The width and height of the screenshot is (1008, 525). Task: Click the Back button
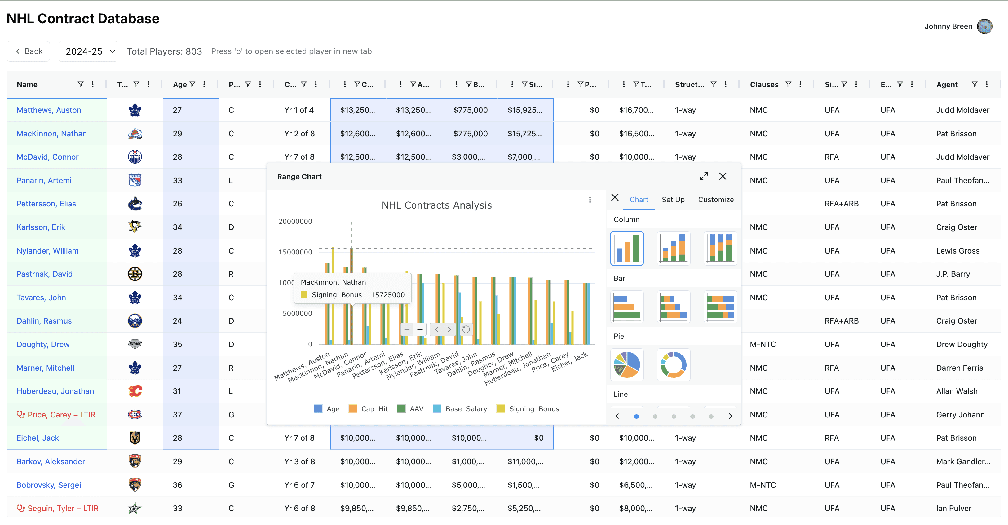coord(28,51)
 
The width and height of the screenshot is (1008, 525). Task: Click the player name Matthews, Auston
coord(49,110)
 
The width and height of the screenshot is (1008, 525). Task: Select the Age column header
coord(179,85)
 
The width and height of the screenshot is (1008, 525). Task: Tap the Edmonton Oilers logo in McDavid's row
coord(135,157)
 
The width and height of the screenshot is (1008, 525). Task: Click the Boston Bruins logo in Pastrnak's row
coord(135,274)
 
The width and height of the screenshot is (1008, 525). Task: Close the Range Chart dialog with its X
coord(723,176)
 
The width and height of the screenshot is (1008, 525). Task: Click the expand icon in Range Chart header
coord(704,176)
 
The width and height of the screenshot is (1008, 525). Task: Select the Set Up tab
coord(673,200)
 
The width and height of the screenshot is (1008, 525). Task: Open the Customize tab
coord(716,200)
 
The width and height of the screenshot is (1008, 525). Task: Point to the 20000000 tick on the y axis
coord(295,221)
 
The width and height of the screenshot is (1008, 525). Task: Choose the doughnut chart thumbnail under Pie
coord(674,364)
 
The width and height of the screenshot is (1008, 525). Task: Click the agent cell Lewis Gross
coord(957,251)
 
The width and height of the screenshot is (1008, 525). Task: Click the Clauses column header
coord(764,85)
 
